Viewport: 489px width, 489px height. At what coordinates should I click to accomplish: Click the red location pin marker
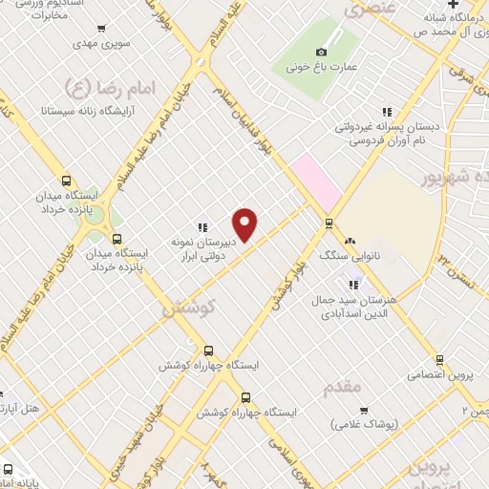click(245, 224)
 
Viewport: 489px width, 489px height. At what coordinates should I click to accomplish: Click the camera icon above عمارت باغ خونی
click(322, 52)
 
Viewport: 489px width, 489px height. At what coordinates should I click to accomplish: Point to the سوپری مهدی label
click(102, 44)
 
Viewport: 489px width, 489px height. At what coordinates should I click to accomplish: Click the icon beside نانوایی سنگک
click(351, 242)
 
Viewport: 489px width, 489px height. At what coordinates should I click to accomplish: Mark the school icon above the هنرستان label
click(354, 284)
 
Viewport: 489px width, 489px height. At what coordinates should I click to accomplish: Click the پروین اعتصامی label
click(440, 374)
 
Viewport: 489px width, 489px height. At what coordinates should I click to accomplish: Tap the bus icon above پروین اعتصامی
click(439, 360)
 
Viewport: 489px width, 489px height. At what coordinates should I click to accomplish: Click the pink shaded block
click(317, 181)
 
